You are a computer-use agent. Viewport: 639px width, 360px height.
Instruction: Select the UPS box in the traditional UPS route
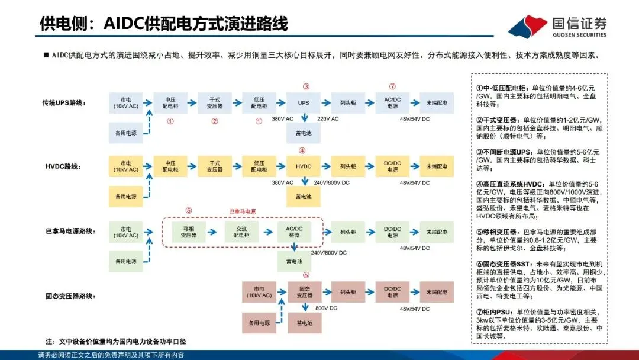[x=304, y=102]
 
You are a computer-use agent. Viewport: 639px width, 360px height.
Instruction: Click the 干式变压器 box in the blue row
[x=215, y=102]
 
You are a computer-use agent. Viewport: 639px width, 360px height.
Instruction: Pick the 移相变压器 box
[x=188, y=232]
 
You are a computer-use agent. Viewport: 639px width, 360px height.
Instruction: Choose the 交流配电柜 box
[x=241, y=232]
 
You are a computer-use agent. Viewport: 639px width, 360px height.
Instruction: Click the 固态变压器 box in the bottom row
[x=304, y=292]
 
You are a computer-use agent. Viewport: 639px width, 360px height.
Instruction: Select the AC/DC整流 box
[x=294, y=232]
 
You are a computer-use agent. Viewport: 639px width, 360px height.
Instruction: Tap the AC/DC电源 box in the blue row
[x=392, y=102]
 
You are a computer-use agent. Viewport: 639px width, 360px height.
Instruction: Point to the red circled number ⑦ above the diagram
[x=392, y=86]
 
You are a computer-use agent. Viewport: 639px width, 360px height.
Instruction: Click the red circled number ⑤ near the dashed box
[x=188, y=210]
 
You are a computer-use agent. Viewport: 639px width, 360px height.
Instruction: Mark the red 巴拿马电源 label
[x=242, y=211]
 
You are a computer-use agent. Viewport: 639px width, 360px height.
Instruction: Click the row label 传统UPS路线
[x=65, y=103]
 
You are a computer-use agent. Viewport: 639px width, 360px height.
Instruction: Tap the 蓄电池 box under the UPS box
[x=304, y=133]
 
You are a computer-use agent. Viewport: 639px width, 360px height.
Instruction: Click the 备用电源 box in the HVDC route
[x=126, y=196]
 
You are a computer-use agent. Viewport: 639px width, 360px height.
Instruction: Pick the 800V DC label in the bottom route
[x=326, y=308]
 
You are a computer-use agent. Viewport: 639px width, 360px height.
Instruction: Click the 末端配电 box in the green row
[x=437, y=232]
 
